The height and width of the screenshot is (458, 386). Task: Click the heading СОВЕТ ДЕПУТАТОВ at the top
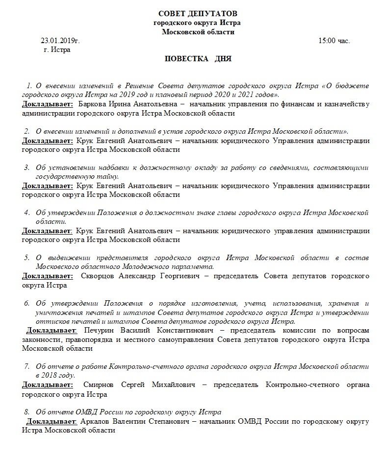pyautogui.click(x=196, y=14)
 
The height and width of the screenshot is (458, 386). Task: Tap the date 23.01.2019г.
pyautogui.click(x=60, y=41)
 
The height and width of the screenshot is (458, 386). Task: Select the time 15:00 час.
pyautogui.click(x=334, y=41)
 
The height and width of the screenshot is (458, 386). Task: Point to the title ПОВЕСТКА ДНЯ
pyautogui.click(x=198, y=59)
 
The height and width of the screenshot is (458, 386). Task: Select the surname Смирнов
pyautogui.click(x=100, y=385)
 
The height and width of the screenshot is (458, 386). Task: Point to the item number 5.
pyautogui.click(x=27, y=258)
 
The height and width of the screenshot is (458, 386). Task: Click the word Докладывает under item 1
pyautogui.click(x=48, y=104)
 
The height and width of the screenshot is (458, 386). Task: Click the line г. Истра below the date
pyautogui.click(x=57, y=49)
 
